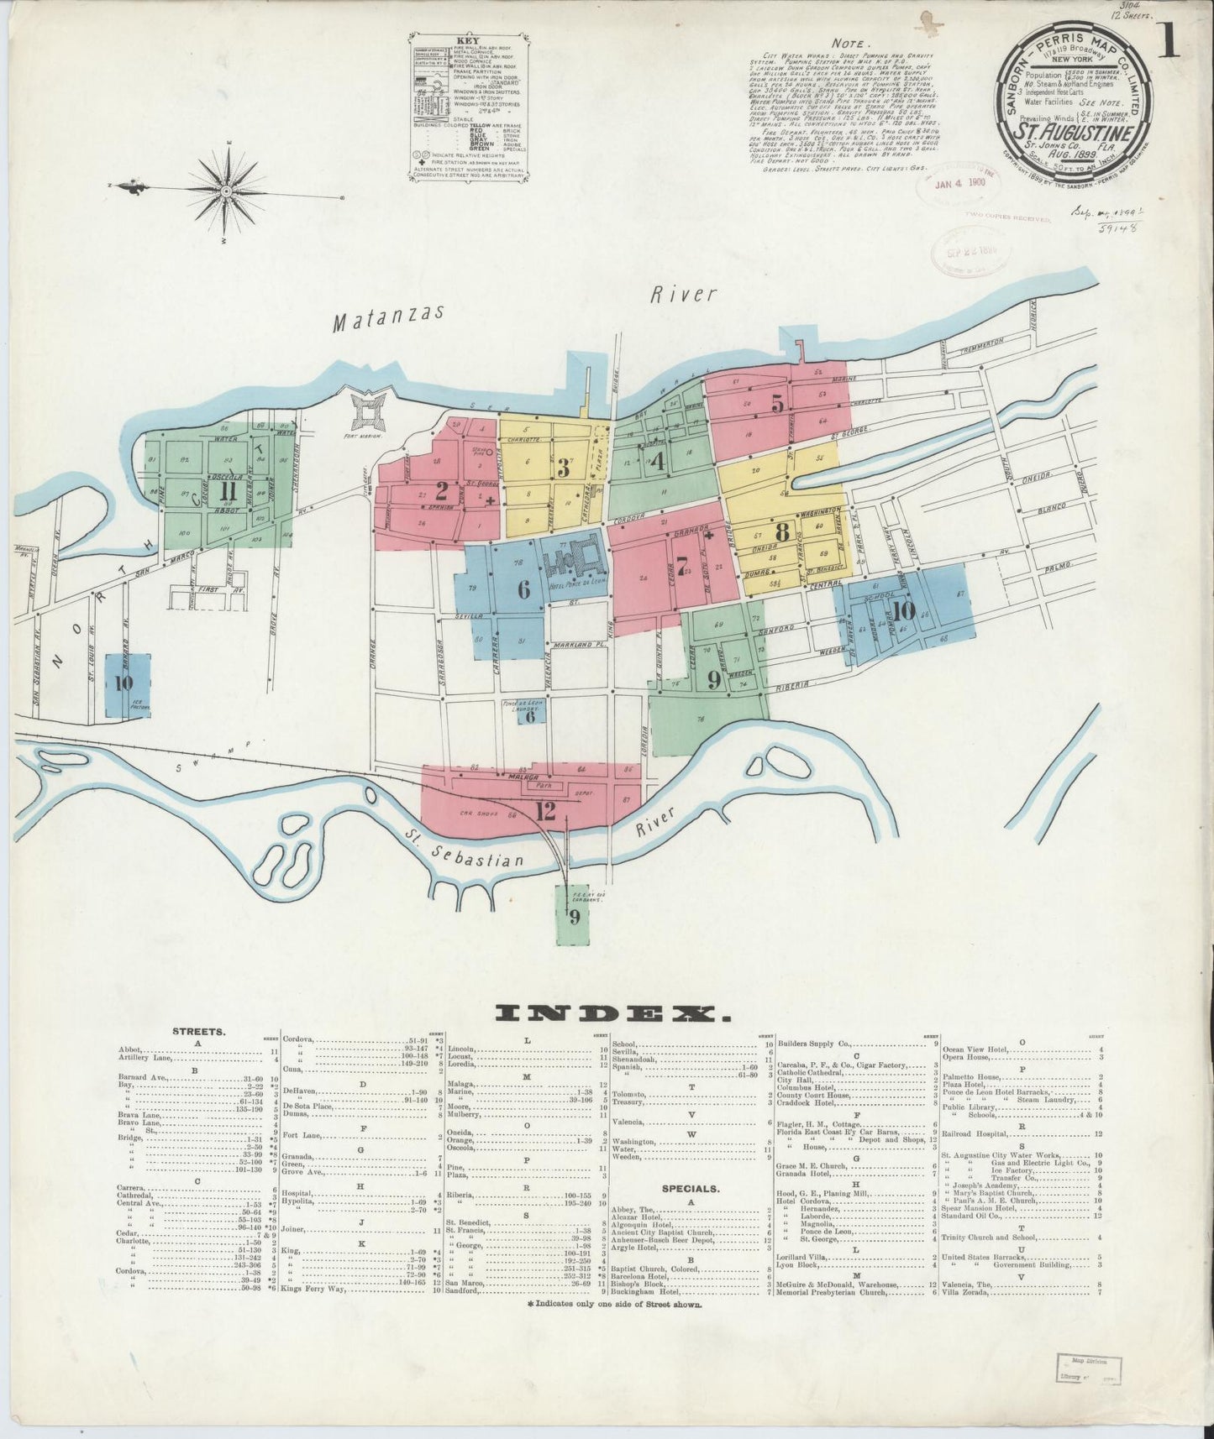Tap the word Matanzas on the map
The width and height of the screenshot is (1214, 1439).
pos(387,318)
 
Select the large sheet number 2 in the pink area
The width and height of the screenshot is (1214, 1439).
pos(441,491)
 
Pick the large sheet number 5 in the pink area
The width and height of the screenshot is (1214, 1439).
pos(778,404)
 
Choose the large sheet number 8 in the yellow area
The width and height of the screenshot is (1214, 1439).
pos(782,532)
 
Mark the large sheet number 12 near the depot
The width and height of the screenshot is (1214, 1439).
pos(544,811)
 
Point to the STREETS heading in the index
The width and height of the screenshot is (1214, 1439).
pos(198,1031)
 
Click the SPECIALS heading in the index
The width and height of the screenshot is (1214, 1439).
pos(691,1189)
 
